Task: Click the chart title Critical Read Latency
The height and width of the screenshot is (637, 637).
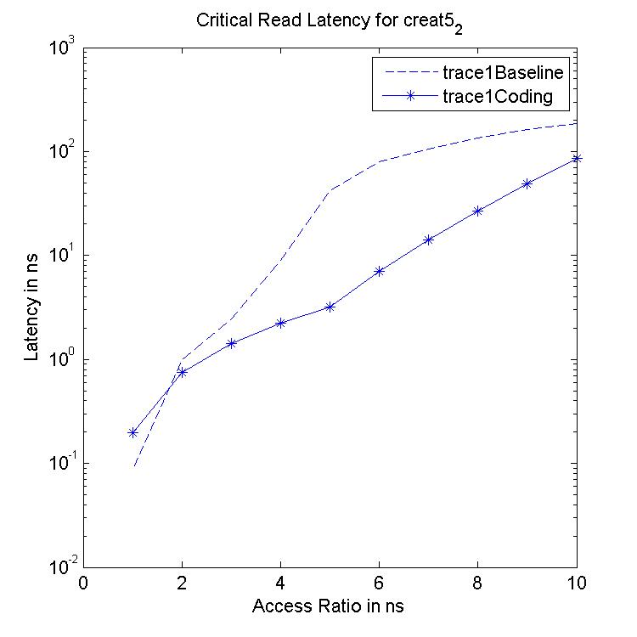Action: click(331, 20)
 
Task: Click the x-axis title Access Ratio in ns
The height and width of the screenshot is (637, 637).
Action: click(330, 608)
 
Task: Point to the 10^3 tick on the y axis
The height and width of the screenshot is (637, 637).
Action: click(61, 49)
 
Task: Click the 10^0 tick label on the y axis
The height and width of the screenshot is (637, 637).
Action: click(61, 360)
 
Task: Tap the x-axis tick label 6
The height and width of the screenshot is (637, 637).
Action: click(380, 585)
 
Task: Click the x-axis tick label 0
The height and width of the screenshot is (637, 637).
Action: click(83, 585)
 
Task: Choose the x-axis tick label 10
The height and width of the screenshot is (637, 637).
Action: click(577, 585)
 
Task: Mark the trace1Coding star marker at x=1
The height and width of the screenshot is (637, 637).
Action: click(132, 432)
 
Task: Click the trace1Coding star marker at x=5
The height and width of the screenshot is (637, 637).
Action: click(330, 307)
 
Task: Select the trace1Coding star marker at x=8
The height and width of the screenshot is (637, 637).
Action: click(478, 211)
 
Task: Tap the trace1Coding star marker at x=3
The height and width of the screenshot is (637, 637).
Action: click(231, 343)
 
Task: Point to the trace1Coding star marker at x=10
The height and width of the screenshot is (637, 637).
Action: click(577, 159)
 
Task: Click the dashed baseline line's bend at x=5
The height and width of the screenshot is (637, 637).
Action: click(330, 190)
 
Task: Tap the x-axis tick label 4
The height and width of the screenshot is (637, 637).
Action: click(281, 585)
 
